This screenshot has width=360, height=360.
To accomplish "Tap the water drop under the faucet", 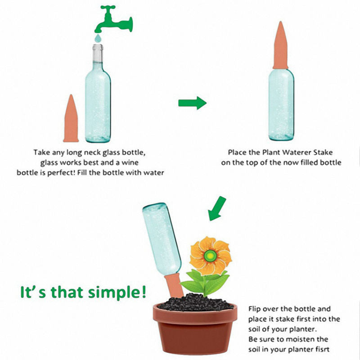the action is click(x=98, y=38).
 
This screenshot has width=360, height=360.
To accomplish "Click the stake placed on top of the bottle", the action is click(x=280, y=45).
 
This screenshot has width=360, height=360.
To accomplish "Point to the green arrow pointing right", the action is click(x=193, y=103).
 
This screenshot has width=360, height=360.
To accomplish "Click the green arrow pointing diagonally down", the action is click(x=217, y=209).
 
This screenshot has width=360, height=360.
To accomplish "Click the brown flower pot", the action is click(x=195, y=328).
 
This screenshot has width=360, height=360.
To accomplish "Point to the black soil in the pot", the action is click(x=195, y=302).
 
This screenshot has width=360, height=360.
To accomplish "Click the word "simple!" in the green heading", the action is click(x=117, y=292).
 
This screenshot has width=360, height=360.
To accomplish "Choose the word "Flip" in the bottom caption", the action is click(x=254, y=309).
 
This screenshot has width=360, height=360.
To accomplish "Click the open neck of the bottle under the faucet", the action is click(x=98, y=47).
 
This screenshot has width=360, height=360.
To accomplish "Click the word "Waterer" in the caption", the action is click(x=297, y=152).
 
